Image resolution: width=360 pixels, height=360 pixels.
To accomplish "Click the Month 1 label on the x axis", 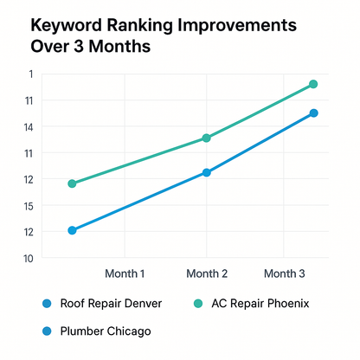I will click(x=125, y=273).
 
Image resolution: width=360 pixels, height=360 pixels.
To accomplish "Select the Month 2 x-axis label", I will click(x=207, y=273).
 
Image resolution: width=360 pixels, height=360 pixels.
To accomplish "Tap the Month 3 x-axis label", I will click(x=285, y=273).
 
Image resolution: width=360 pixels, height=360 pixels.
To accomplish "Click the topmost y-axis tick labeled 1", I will click(x=29, y=74).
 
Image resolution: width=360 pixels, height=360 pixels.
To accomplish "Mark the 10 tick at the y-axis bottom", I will click(x=28, y=258).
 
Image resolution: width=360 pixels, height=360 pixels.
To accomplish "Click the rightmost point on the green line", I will click(x=313, y=84).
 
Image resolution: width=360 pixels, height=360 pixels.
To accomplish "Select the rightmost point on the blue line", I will click(x=313, y=113).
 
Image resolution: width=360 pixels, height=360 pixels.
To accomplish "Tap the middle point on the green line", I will click(x=206, y=138).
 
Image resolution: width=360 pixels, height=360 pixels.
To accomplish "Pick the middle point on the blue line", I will click(x=206, y=172).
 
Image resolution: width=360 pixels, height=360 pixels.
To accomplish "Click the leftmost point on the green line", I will click(x=72, y=183).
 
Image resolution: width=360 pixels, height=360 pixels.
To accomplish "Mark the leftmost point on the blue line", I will click(x=72, y=230).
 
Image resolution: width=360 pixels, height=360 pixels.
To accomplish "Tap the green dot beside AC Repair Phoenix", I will click(x=196, y=304).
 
